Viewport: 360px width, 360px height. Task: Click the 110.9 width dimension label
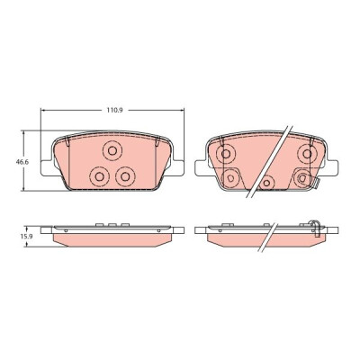coord(115,110)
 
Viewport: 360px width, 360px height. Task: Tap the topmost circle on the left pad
coord(112,150)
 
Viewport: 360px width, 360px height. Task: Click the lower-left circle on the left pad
coord(99,176)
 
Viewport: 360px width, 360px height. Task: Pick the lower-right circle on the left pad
coord(125,176)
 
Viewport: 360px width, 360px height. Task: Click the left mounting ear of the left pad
coord(47,168)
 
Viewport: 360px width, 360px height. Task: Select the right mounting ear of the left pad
coord(178,168)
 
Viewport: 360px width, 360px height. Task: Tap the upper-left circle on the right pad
coord(226,154)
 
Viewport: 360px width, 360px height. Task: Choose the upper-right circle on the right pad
coord(307,154)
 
